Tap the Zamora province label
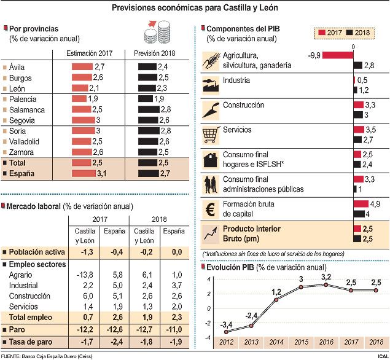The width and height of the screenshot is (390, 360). tap(21, 152)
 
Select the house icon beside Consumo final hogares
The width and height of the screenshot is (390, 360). tap(211, 159)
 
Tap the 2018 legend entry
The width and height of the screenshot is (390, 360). tap(360, 33)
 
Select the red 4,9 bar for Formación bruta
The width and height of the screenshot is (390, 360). tap(361, 203)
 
